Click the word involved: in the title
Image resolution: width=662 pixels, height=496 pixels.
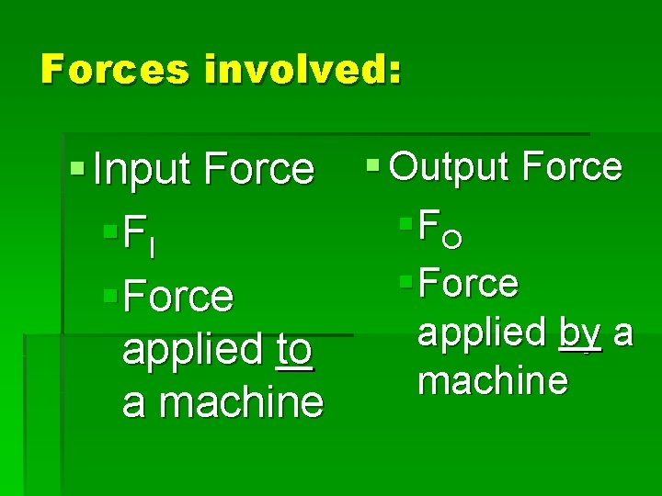[302, 69]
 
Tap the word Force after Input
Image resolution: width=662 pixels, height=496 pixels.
[259, 168]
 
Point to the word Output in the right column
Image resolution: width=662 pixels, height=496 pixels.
[451, 166]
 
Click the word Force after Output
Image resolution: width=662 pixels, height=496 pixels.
[571, 166]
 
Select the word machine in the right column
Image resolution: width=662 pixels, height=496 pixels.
[493, 378]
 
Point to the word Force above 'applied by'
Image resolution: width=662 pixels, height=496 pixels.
[468, 283]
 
